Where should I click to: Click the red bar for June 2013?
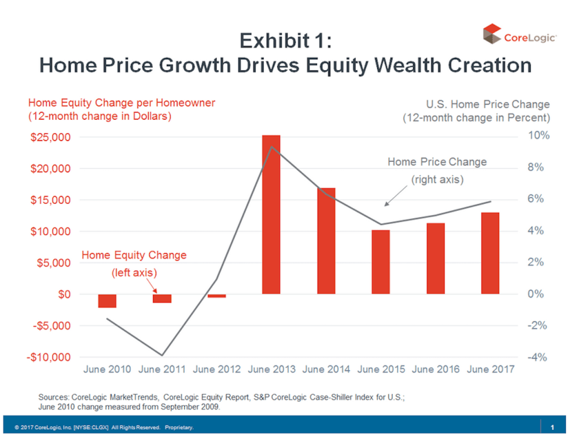pyautogui.click(x=271, y=214)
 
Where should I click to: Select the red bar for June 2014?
pyautogui.click(x=326, y=241)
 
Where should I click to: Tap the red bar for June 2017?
pyautogui.click(x=490, y=253)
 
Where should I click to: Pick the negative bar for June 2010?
pyautogui.click(x=107, y=301)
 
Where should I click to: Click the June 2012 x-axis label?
pyautogui.click(x=217, y=369)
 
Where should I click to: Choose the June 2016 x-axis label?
pyautogui.click(x=436, y=369)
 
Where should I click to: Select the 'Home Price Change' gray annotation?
pyautogui.click(x=437, y=162)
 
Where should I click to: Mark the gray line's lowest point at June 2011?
pyautogui.click(x=162, y=355)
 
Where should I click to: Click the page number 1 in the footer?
pyautogui.click(x=552, y=427)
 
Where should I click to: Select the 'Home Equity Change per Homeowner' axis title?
pyautogui.click(x=121, y=102)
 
